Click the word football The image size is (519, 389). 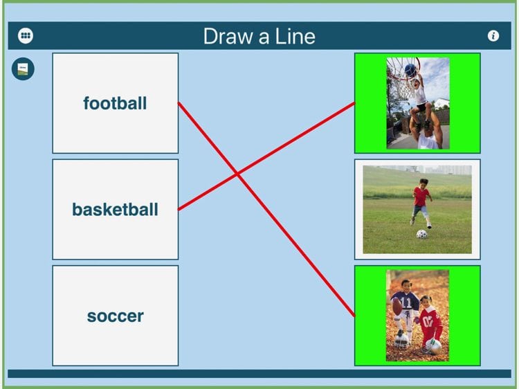click(115, 103)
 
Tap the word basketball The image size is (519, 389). click(115, 210)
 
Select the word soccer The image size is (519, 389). click(115, 316)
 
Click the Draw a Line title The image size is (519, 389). click(259, 36)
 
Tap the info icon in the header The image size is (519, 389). click(493, 35)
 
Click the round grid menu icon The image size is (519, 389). click(26, 35)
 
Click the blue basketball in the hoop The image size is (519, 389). click(410, 70)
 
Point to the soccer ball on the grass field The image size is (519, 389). click(421, 234)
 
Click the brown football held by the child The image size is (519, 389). click(397, 306)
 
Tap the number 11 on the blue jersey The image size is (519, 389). click(406, 302)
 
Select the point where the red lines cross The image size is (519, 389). click(237, 174)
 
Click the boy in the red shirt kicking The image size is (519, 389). click(421, 203)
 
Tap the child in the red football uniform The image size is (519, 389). click(430, 323)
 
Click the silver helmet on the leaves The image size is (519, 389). click(401, 340)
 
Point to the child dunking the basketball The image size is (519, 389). click(418, 99)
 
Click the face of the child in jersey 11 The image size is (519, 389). click(406, 285)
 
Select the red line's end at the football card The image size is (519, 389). click(179, 103)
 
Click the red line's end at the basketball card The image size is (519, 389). click(179, 210)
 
